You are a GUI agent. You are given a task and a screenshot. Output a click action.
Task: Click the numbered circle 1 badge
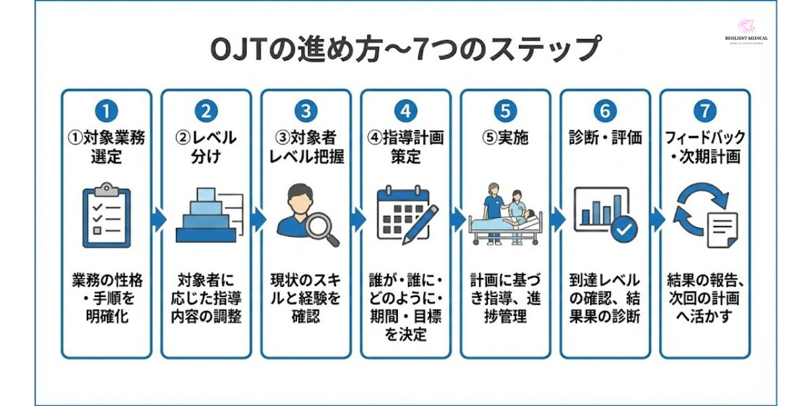tap(106, 110)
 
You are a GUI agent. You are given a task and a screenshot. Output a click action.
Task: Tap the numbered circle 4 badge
tap(405, 110)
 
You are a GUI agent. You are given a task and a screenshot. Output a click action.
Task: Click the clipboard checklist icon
tap(106, 216)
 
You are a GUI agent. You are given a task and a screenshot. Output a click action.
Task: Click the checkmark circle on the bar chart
tap(623, 229)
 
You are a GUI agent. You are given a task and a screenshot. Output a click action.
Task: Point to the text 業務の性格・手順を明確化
tap(106, 298)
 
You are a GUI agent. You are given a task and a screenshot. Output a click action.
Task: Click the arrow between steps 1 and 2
tap(157, 219)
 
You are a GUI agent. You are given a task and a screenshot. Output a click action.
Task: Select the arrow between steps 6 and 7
tap(656, 219)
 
